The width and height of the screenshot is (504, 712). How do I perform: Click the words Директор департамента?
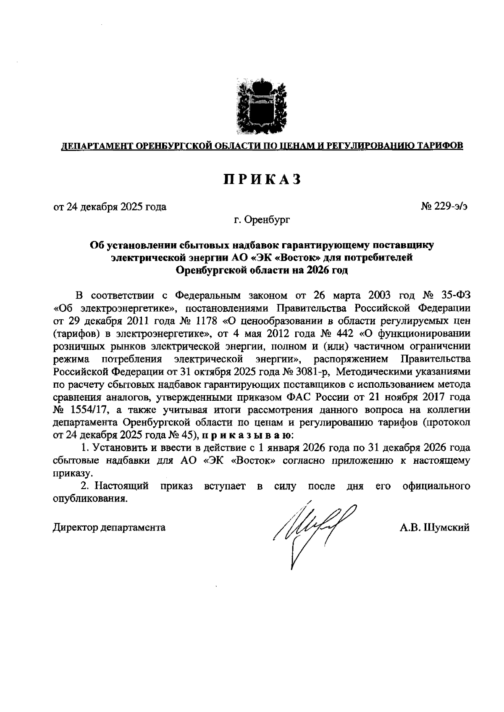pyautogui.click(x=109, y=528)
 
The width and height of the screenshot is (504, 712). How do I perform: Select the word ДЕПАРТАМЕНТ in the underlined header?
pyautogui.click(x=96, y=146)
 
